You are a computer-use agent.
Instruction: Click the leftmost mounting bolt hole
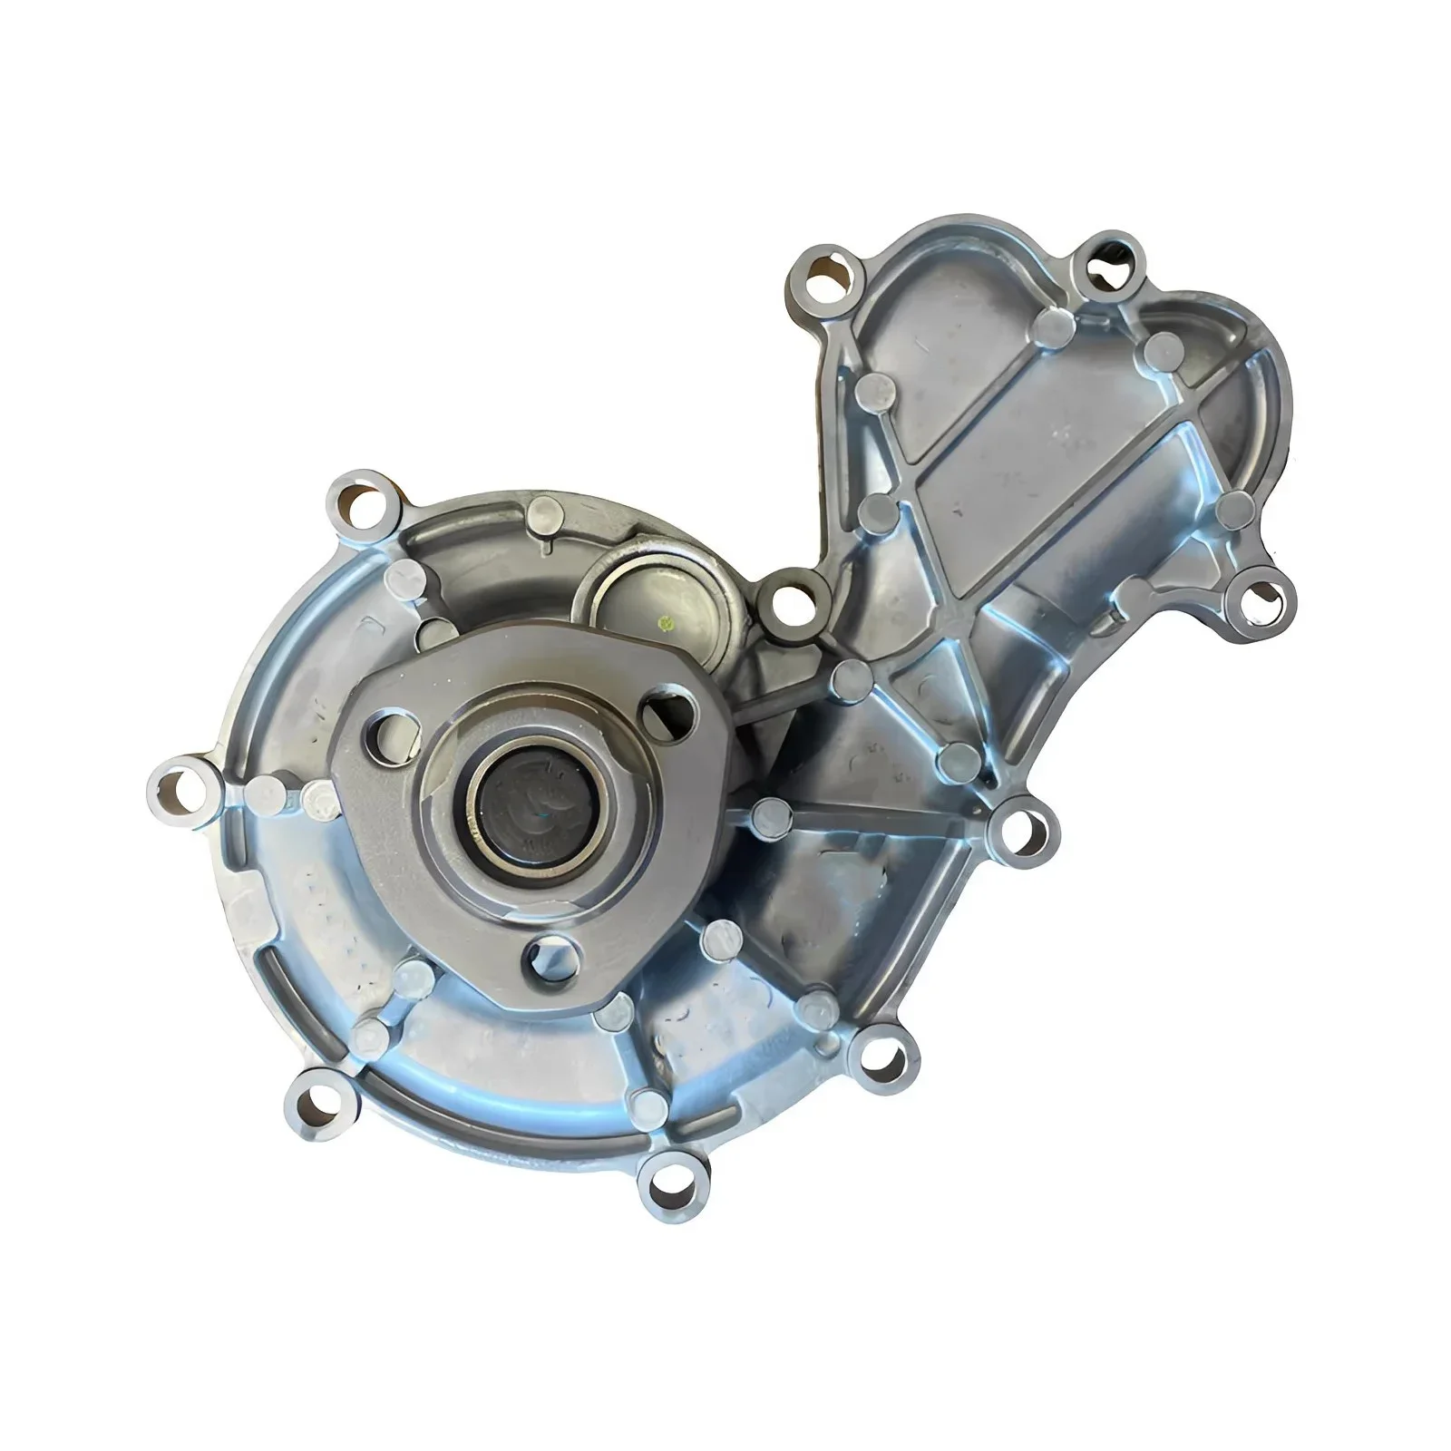(x=180, y=785)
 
